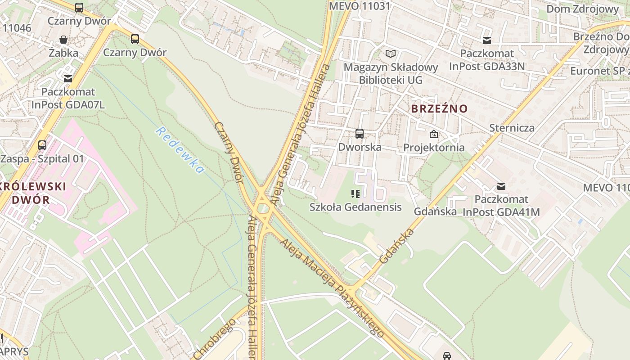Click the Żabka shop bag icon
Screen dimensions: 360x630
tap(63, 40)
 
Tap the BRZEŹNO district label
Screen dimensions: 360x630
tap(439, 108)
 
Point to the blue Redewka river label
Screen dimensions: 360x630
tap(180, 150)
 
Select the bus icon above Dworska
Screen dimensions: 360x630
tap(359, 134)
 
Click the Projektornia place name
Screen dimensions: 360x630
tap(434, 148)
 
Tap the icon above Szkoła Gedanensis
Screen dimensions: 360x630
tap(355, 194)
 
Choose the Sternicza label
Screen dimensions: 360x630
tap(512, 128)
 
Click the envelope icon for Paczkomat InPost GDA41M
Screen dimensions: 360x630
tap(501, 186)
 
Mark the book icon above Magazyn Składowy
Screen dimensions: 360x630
tap(391, 54)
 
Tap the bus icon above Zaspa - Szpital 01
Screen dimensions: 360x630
tap(42, 145)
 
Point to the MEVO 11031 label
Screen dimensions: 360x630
tap(360, 6)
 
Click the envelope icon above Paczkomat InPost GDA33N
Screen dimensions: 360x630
tap(486, 40)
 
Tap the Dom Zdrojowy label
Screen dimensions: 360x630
tap(582, 9)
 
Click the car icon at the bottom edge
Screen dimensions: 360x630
tap(446, 356)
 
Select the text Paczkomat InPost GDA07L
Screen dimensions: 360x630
tap(67, 98)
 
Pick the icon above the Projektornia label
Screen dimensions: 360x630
tap(434, 134)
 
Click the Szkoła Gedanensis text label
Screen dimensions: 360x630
tap(355, 207)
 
